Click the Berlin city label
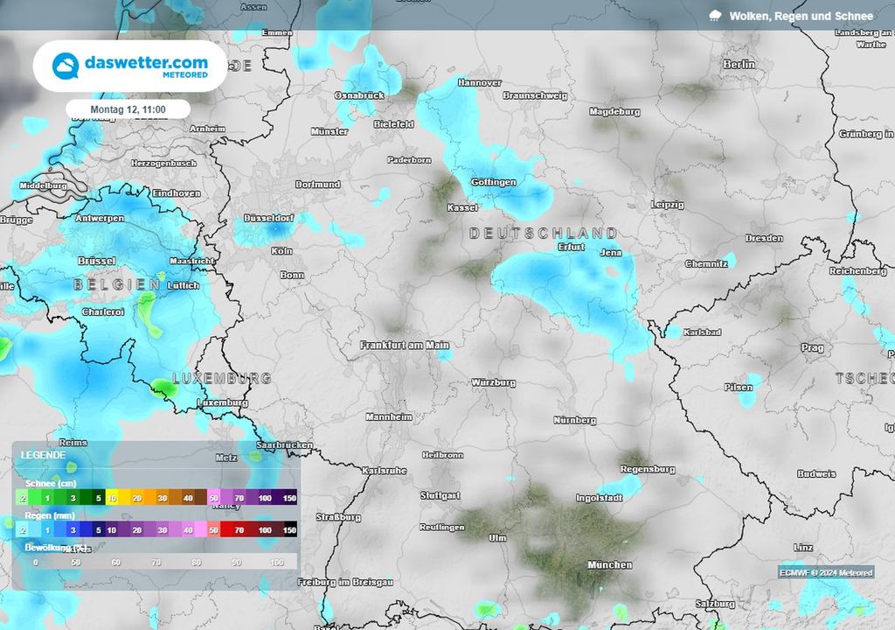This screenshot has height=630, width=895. tap(739, 64)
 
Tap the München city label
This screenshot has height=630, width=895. tap(610, 564)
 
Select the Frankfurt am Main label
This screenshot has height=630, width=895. tap(405, 345)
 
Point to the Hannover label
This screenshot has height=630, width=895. tap(479, 82)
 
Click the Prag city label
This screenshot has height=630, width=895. tap(812, 347)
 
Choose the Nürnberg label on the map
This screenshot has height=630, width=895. tap(575, 420)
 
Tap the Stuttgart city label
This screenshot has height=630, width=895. tap(440, 495)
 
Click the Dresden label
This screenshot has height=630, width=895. tap(764, 238)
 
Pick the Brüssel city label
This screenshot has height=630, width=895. tap(96, 261)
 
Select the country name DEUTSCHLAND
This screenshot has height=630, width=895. tap(543, 234)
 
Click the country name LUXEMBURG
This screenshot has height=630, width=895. tap(221, 378)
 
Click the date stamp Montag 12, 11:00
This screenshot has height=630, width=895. tap(128, 109)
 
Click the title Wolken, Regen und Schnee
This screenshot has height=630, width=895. tap(801, 16)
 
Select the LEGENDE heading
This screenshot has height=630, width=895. tap(43, 456)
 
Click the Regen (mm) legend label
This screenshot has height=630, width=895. tap(49, 516)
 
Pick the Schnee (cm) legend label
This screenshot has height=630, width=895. tap(51, 483)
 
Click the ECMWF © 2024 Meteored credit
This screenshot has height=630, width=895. tap(826, 572)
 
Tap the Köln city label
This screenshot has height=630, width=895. tap(281, 251)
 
